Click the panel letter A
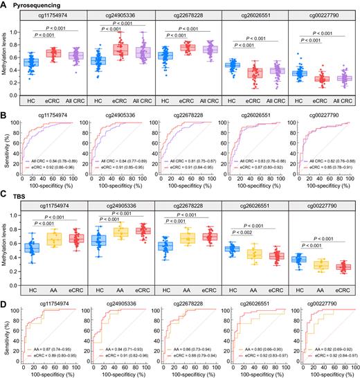pos(5,4)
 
